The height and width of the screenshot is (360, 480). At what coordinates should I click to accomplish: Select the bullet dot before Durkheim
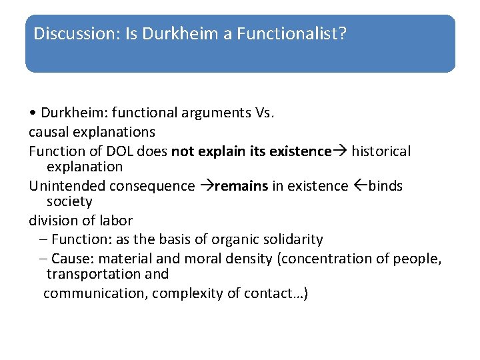pyautogui.click(x=33, y=112)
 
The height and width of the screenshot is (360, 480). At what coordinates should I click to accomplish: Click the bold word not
pyautogui.click(x=183, y=151)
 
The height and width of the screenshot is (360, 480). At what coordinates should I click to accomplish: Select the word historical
pyautogui.click(x=381, y=151)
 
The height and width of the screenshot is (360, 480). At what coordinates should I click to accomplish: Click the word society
pyautogui.click(x=69, y=201)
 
